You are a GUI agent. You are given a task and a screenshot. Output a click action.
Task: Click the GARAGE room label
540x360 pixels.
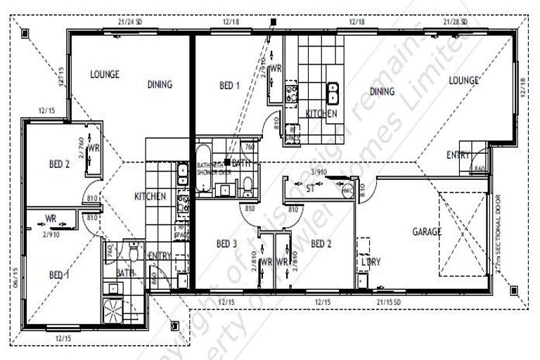[427, 231]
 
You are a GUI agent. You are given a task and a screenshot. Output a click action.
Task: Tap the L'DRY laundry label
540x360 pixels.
[371, 262]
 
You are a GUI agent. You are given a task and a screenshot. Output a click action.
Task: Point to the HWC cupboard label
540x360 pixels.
[347, 190]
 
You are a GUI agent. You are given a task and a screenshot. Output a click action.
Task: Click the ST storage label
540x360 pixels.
[310, 188]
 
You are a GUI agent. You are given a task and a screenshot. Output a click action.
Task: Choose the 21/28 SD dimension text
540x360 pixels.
[458, 21]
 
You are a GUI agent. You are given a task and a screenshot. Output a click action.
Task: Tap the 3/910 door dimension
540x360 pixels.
[319, 171]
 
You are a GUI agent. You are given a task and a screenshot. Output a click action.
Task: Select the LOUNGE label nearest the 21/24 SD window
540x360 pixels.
[104, 74]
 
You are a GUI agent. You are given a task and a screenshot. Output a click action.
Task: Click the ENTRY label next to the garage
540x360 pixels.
[459, 155]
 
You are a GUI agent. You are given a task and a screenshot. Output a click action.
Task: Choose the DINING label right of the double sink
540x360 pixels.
[382, 91]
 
